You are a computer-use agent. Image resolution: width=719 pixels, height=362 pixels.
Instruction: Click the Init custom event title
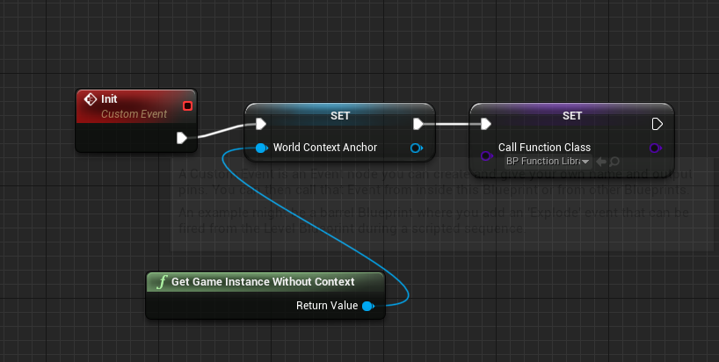click(109, 99)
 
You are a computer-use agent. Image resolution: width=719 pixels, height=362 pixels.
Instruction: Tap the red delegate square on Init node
click(186, 106)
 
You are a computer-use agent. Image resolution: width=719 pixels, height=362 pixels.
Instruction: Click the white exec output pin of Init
click(182, 138)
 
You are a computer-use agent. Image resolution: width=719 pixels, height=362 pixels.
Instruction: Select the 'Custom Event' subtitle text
click(134, 114)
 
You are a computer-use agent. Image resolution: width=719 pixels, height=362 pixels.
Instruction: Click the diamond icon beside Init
click(90, 99)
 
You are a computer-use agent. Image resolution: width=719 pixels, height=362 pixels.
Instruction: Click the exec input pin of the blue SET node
click(260, 124)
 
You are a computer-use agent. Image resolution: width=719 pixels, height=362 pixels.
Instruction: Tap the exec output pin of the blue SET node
click(419, 124)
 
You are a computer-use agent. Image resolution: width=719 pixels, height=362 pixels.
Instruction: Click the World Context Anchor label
click(324, 148)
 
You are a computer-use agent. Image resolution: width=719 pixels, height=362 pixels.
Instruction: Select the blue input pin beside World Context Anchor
click(261, 148)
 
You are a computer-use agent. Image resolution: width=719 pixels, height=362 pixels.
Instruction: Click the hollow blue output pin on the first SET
click(416, 148)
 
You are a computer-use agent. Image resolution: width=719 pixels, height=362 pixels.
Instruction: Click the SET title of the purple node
click(572, 115)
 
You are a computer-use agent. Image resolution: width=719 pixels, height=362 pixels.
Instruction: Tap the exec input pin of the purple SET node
click(486, 124)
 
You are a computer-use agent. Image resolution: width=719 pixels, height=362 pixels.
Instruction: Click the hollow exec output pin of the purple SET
click(657, 124)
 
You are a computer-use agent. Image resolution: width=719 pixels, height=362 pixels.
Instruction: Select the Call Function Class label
click(544, 148)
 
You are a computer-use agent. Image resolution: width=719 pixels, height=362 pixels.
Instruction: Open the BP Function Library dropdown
click(547, 162)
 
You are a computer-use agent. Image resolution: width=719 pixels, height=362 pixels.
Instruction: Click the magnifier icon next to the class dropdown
click(614, 162)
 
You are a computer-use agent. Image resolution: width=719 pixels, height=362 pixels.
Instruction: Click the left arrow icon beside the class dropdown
click(601, 162)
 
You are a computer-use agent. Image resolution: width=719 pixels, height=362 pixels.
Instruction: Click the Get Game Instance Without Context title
click(263, 282)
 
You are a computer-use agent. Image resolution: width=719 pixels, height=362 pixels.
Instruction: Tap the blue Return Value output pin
click(367, 306)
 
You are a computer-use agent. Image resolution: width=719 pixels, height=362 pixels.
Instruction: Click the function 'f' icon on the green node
click(161, 282)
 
